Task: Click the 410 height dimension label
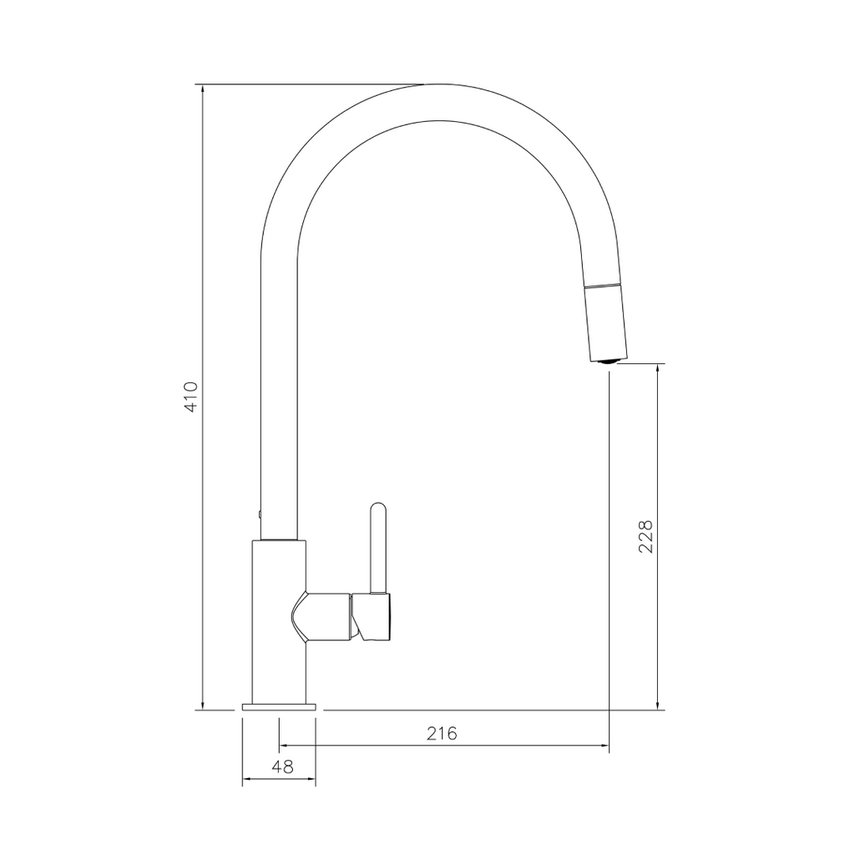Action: pos(191,397)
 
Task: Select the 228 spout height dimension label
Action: pos(645,537)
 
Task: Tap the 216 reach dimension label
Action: pos(442,733)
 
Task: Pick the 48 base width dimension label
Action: pos(282,766)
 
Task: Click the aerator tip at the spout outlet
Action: pos(609,360)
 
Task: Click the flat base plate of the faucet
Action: pos(279,706)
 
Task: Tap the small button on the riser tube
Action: pos(260,514)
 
